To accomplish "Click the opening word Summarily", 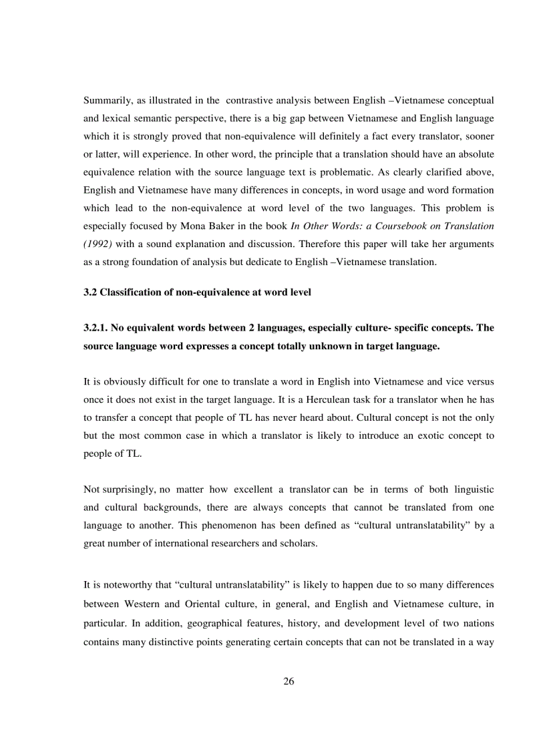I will [105, 100].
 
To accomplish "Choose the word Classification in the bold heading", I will [131, 292].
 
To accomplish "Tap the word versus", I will [480, 382].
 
